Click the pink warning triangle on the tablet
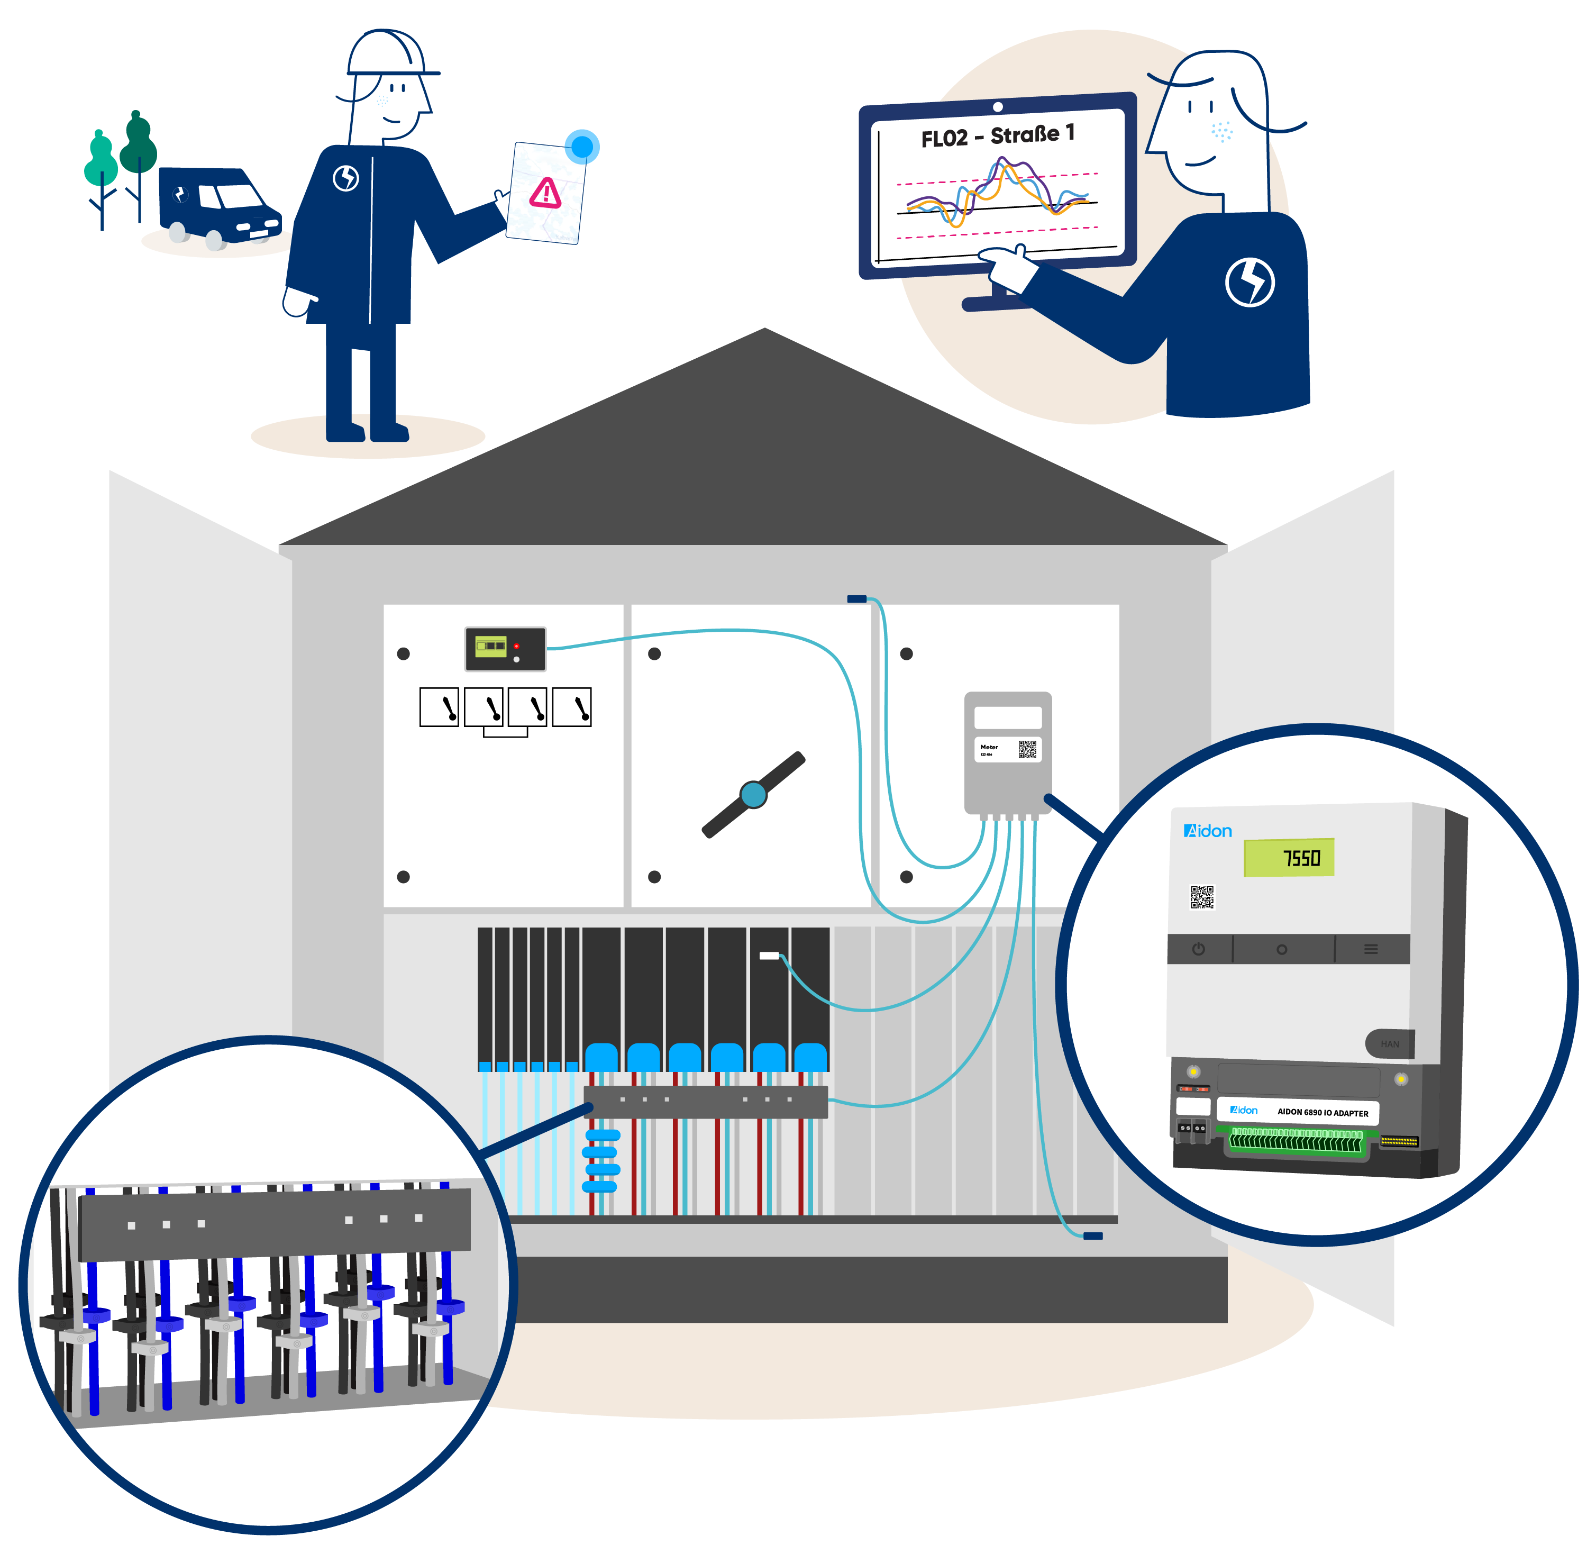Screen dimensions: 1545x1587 point(545,193)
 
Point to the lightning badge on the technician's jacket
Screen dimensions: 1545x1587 point(345,178)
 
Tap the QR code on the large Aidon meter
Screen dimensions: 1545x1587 point(1201,897)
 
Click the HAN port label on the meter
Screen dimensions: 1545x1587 point(1389,1043)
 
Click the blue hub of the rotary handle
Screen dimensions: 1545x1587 point(753,794)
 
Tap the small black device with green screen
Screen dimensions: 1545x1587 point(505,648)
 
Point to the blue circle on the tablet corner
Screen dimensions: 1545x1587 point(582,146)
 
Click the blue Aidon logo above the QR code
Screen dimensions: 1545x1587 point(1207,831)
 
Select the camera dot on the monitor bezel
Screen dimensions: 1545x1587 point(997,107)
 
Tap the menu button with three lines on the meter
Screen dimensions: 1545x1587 point(1370,949)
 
